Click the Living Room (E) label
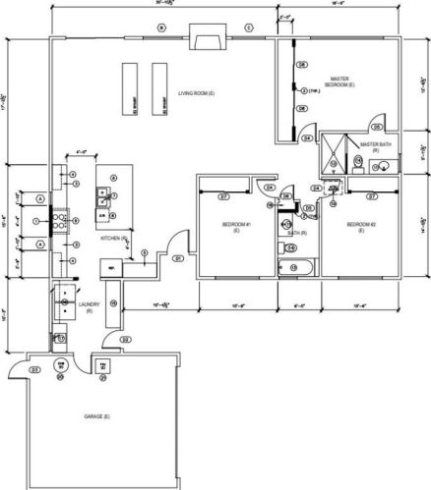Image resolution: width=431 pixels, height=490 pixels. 196,93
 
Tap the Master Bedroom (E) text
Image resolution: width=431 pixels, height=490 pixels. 339,82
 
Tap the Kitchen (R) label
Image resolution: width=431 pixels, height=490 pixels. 115,239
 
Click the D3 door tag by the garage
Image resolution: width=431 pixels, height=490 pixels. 35,369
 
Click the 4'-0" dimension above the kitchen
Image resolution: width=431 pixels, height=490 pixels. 83,152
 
